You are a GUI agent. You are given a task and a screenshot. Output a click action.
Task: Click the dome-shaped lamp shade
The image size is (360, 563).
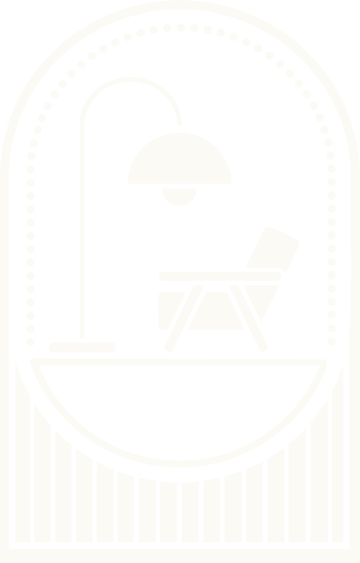coord(179,162)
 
